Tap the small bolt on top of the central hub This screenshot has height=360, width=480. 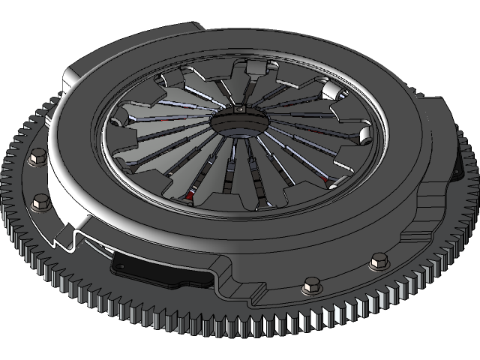click(238, 111)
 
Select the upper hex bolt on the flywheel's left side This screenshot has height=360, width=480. click(35, 157)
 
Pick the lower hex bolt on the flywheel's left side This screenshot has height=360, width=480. click(40, 202)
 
